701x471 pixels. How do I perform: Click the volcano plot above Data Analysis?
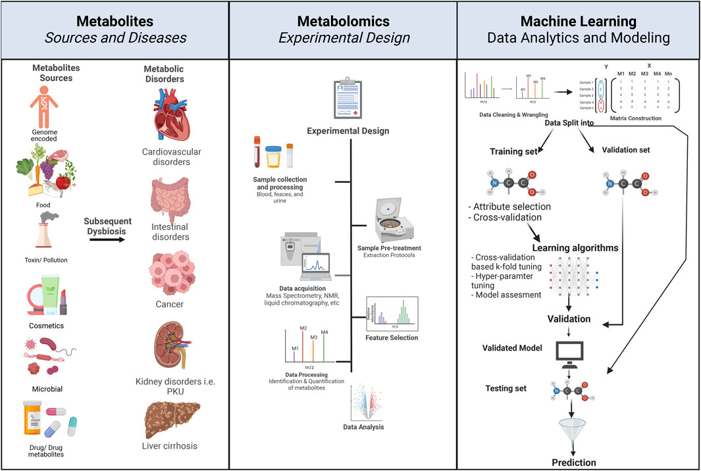pyautogui.click(x=367, y=403)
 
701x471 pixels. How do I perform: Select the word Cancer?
pyautogui.click(x=170, y=304)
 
